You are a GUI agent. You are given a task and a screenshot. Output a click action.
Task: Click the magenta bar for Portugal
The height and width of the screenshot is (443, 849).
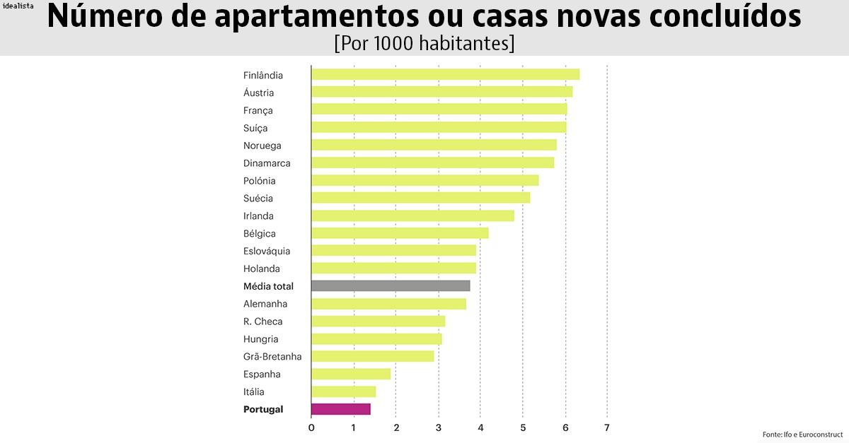[x=340, y=409]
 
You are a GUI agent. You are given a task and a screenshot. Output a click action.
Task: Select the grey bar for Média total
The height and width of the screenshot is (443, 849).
[x=391, y=286]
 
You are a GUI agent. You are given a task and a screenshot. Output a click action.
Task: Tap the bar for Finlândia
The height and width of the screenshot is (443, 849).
[x=445, y=75]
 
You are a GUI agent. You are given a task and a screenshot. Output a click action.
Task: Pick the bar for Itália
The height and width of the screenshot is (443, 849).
[x=343, y=391]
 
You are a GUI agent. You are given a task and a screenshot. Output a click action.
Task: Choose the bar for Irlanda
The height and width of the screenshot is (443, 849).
[x=412, y=216]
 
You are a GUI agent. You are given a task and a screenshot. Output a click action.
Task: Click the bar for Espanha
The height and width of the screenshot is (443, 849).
[x=351, y=374]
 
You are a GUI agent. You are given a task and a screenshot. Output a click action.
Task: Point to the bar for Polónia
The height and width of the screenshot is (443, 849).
[x=424, y=181]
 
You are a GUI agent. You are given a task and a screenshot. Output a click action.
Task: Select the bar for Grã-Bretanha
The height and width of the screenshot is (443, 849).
[x=372, y=356]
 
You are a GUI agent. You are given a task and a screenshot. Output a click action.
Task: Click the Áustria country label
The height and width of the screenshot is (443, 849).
[x=258, y=93]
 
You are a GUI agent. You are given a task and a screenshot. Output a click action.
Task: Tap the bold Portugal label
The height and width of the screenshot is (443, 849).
[x=263, y=409]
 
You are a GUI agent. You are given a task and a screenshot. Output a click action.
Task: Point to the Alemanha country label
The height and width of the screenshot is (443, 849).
[x=265, y=304]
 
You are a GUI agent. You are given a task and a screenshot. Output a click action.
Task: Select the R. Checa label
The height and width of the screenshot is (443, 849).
[x=262, y=321]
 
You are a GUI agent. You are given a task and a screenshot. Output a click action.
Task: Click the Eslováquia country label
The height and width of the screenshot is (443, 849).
[x=267, y=251]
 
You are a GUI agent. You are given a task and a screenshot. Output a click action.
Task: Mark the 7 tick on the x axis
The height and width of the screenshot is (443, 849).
[x=606, y=427]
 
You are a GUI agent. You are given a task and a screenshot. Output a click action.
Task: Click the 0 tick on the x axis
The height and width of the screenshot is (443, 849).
[x=311, y=427]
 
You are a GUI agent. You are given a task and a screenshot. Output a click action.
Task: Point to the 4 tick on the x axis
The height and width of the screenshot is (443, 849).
[x=480, y=427]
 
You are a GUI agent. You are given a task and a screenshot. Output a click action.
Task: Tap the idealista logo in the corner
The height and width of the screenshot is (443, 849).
[x=18, y=6]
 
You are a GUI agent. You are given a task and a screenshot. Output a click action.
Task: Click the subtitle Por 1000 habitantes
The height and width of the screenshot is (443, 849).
[x=424, y=42]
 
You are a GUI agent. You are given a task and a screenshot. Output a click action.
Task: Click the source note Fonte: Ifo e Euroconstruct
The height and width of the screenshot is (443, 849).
[x=802, y=434]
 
